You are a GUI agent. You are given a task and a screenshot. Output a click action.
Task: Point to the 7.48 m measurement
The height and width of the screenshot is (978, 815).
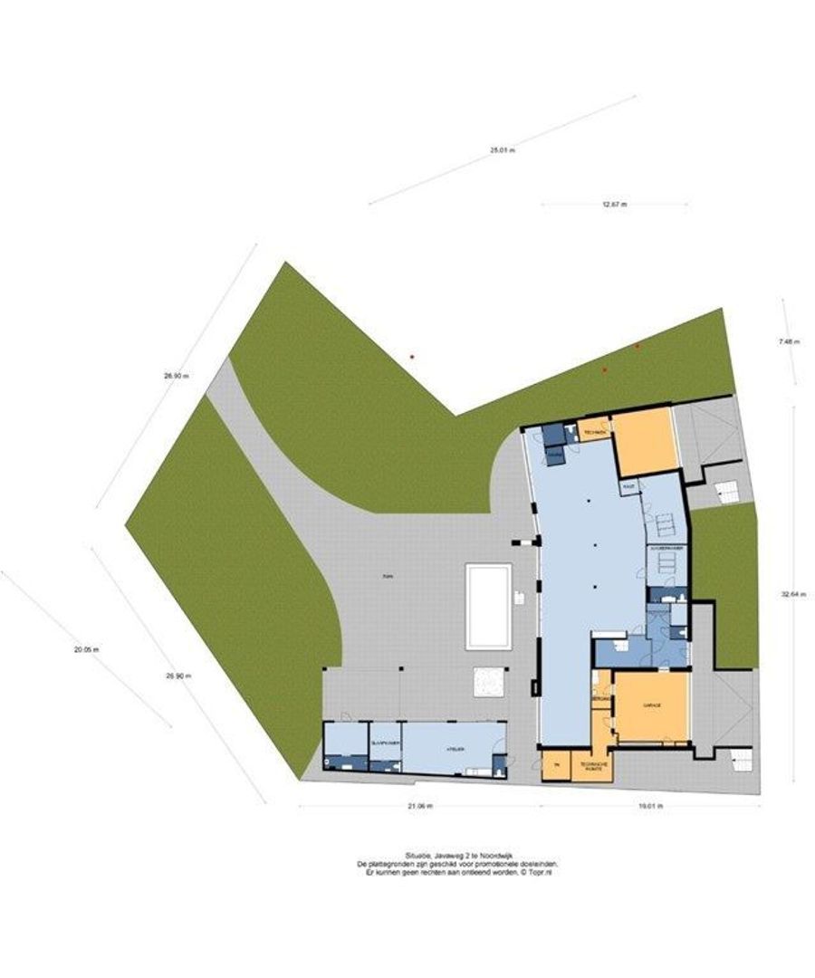[x=788, y=341]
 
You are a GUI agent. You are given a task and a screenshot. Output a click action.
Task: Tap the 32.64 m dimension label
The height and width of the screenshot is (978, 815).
[x=794, y=595]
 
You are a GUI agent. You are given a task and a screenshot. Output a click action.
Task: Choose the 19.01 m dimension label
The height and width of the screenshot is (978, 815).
[x=649, y=805]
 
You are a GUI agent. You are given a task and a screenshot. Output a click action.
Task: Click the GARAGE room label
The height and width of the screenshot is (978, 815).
[x=652, y=705]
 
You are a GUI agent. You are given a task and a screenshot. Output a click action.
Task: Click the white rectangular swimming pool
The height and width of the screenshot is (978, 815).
[x=489, y=606]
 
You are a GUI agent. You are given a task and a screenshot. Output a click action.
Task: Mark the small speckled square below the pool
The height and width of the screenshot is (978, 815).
[x=489, y=682]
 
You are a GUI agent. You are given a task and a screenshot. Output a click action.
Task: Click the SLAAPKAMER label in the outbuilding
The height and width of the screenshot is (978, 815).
[x=386, y=743]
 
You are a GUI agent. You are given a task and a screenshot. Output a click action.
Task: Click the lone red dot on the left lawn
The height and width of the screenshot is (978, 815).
[x=412, y=357]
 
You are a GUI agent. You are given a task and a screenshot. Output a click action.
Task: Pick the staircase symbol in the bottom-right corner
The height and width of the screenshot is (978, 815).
[x=740, y=761]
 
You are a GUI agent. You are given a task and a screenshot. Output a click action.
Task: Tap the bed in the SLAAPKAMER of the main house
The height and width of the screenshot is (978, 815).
[x=665, y=563]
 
